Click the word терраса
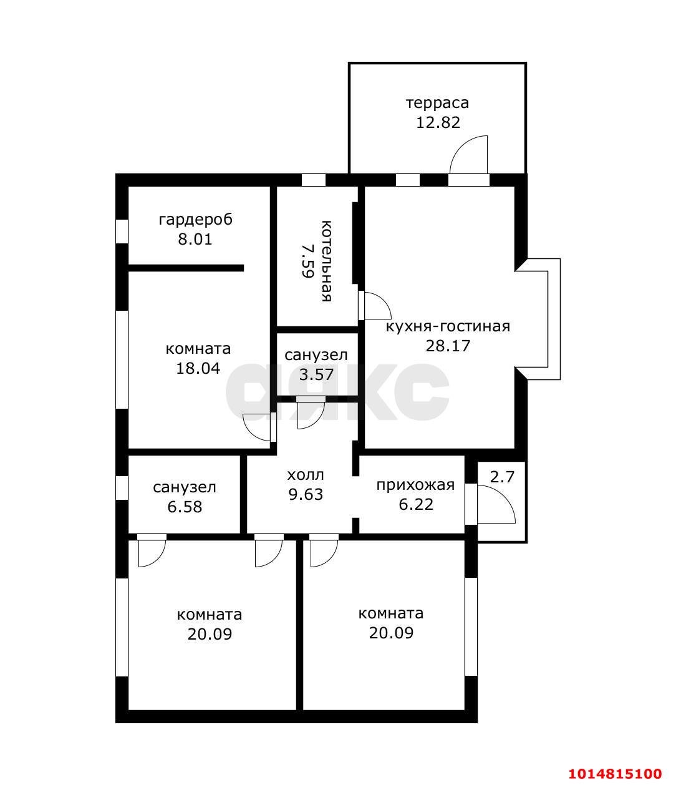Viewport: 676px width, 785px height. (437, 102)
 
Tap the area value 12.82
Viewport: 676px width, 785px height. (438, 122)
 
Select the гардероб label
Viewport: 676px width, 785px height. (195, 220)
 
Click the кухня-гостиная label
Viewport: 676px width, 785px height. (448, 326)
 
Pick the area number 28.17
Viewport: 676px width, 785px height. (447, 346)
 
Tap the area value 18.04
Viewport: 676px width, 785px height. (198, 368)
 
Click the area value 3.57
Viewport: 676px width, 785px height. (316, 374)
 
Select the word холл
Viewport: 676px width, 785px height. (306, 475)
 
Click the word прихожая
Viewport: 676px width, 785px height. (415, 485)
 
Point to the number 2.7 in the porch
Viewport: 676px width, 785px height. (502, 477)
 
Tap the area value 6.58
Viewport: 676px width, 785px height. (185, 506)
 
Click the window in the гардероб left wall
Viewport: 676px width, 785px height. (122, 231)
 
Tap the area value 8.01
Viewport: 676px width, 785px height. (195, 239)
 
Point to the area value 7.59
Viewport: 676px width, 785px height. (306, 260)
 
